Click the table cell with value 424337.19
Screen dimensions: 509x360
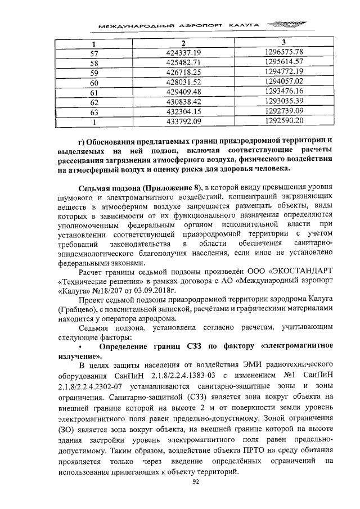(184, 53)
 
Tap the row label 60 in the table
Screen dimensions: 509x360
(94, 82)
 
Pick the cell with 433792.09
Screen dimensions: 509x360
(184, 120)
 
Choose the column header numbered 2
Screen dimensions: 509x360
(184, 43)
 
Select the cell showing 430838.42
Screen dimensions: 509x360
(184, 101)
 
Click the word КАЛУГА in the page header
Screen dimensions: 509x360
(245, 26)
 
